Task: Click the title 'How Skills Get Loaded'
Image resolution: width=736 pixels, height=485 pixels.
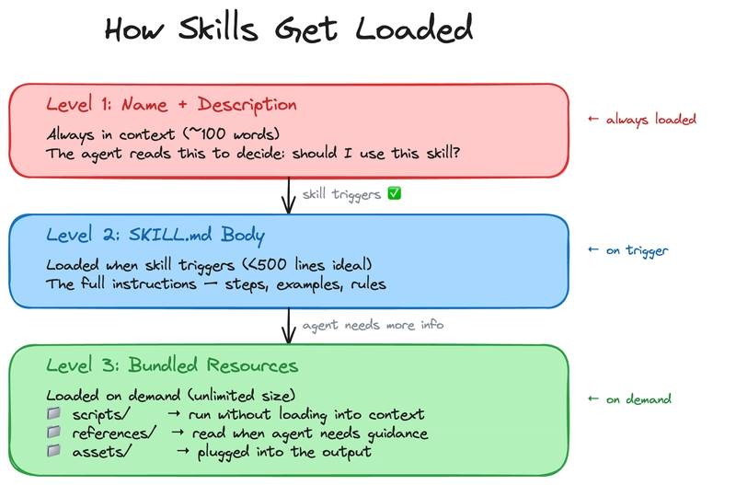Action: coord(288,29)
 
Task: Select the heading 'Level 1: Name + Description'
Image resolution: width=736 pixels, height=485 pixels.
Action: coord(171,105)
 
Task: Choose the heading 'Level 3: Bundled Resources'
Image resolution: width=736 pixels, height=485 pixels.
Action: coord(172,365)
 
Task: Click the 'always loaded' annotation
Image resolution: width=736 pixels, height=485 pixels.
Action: coord(642,120)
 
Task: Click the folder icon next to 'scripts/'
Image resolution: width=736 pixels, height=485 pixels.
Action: coord(54,415)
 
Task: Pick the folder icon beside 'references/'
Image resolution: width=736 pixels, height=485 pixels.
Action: coord(54,433)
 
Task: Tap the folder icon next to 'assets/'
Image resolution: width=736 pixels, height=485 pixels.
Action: coord(54,451)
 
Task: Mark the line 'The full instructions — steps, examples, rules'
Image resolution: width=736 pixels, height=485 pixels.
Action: coord(216,284)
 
